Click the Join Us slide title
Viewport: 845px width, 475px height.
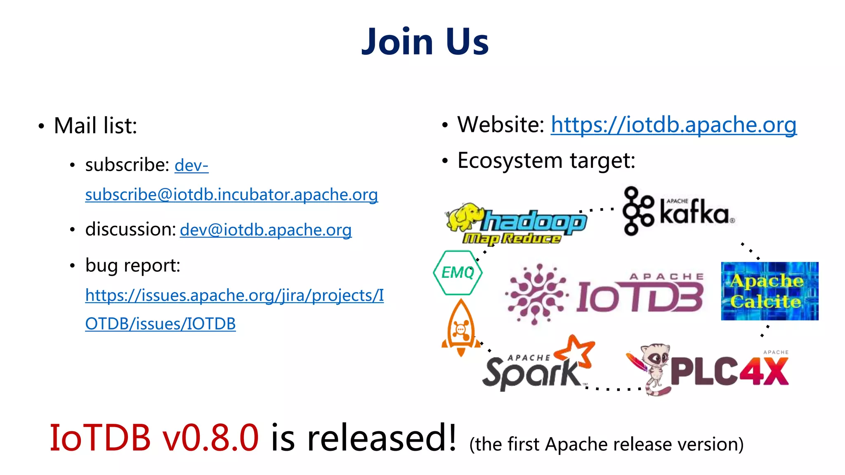425,42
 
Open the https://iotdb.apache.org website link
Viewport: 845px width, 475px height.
673,125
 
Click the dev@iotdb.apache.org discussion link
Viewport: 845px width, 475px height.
266,230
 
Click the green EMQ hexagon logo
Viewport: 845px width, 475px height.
458,273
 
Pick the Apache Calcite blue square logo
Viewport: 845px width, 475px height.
769,291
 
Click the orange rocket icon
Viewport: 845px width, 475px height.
461,328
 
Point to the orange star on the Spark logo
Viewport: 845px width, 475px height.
575,352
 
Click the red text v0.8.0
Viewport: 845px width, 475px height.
210,438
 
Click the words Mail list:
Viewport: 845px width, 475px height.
95,126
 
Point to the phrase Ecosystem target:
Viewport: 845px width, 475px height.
546,160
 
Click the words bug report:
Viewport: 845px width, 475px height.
132,266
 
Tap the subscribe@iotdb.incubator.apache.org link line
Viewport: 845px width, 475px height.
231,195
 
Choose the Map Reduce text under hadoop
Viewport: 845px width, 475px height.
512,239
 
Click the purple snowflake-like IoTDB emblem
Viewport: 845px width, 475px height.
536,294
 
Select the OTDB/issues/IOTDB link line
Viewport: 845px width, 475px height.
161,324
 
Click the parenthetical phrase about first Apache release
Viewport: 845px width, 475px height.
606,444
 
